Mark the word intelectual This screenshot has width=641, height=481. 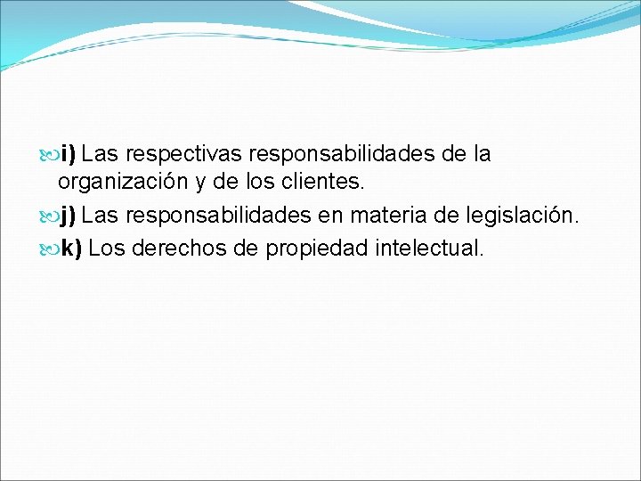point(429,248)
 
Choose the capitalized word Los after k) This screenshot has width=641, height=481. point(107,248)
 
